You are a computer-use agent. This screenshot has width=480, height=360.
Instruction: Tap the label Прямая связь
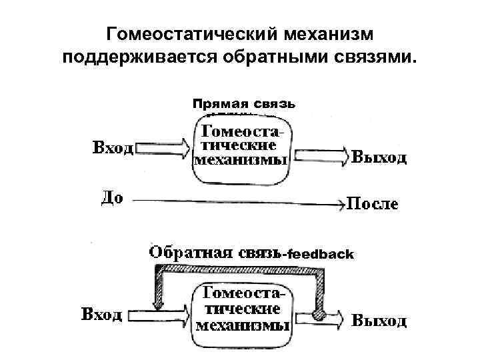tap(243, 104)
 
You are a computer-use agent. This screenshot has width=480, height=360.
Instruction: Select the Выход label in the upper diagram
tap(379, 158)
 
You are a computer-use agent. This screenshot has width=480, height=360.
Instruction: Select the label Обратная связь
tap(215, 253)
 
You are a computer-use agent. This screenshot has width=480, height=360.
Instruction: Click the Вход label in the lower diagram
tap(101, 313)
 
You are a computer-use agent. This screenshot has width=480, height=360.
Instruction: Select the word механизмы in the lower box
tap(243, 326)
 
